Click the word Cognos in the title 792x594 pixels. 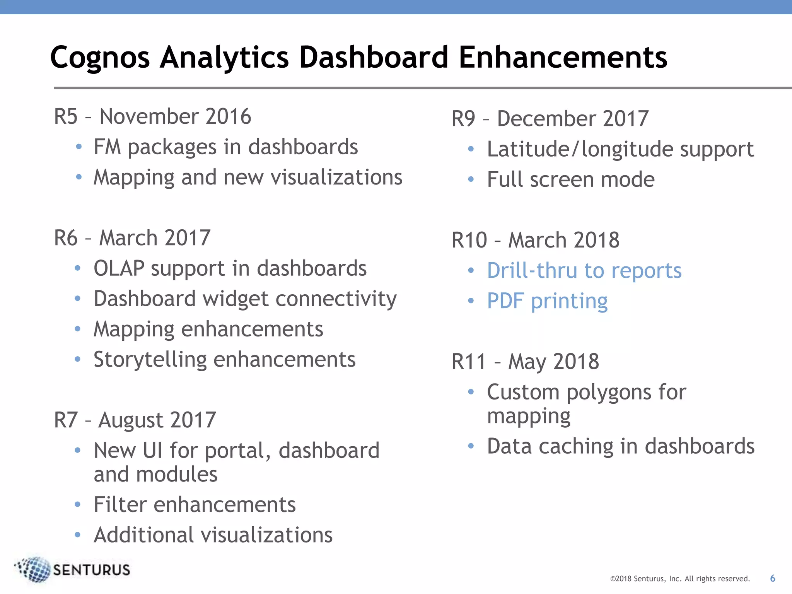click(x=100, y=58)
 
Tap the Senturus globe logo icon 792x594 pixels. click(x=34, y=569)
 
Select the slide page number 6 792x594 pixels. click(x=772, y=578)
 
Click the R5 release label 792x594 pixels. click(x=66, y=116)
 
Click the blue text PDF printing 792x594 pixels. click(x=547, y=301)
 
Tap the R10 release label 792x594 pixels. click(x=469, y=240)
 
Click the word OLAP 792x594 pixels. click(x=119, y=268)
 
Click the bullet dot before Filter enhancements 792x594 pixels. click(x=78, y=505)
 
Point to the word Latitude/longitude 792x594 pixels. click(x=580, y=150)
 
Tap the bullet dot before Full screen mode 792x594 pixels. click(x=471, y=179)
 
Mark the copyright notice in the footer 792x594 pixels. click(x=679, y=579)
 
